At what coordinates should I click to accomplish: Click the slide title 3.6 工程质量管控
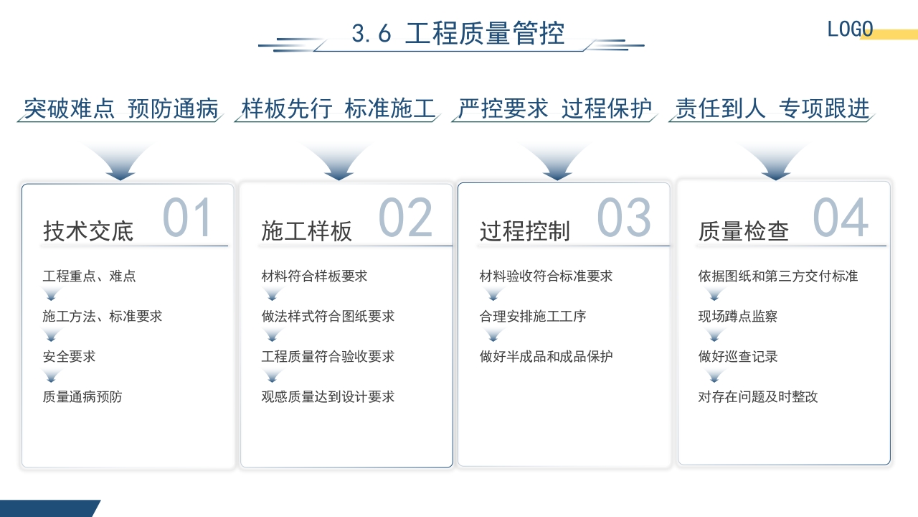(x=458, y=34)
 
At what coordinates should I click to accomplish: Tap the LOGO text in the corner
(x=850, y=29)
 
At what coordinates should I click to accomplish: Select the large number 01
(x=188, y=218)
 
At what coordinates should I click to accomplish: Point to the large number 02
(x=406, y=218)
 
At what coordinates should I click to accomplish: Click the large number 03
(x=624, y=218)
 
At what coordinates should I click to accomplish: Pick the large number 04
(x=841, y=218)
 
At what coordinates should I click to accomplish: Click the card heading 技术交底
(x=88, y=231)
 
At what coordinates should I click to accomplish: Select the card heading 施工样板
(x=306, y=231)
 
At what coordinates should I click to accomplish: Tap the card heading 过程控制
(x=524, y=231)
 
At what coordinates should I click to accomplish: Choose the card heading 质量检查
(x=743, y=231)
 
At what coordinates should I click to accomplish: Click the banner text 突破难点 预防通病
(x=120, y=108)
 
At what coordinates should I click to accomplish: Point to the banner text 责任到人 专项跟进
(x=772, y=108)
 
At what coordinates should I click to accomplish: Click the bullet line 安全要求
(x=69, y=357)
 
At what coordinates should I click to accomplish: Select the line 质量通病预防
(x=82, y=397)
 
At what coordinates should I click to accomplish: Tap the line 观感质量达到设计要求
(x=328, y=397)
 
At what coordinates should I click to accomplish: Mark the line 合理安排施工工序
(x=533, y=317)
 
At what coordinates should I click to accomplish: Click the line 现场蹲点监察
(x=738, y=317)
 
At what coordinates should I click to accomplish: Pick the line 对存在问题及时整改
(x=758, y=397)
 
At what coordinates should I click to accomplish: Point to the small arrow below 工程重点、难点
(x=50, y=294)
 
